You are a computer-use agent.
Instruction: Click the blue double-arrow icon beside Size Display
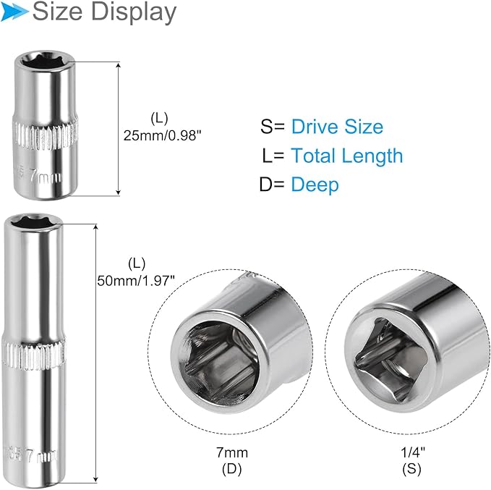15,12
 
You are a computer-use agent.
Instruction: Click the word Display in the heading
137,12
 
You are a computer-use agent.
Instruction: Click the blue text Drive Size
337,127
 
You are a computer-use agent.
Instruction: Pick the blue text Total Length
347,156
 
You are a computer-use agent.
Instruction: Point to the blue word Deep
315,185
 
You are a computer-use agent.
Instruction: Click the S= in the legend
273,127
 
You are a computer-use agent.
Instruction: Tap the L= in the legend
275,156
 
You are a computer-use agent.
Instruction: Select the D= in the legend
273,185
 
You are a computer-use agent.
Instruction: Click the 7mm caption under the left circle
233,453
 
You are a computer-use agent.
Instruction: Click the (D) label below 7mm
233,469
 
